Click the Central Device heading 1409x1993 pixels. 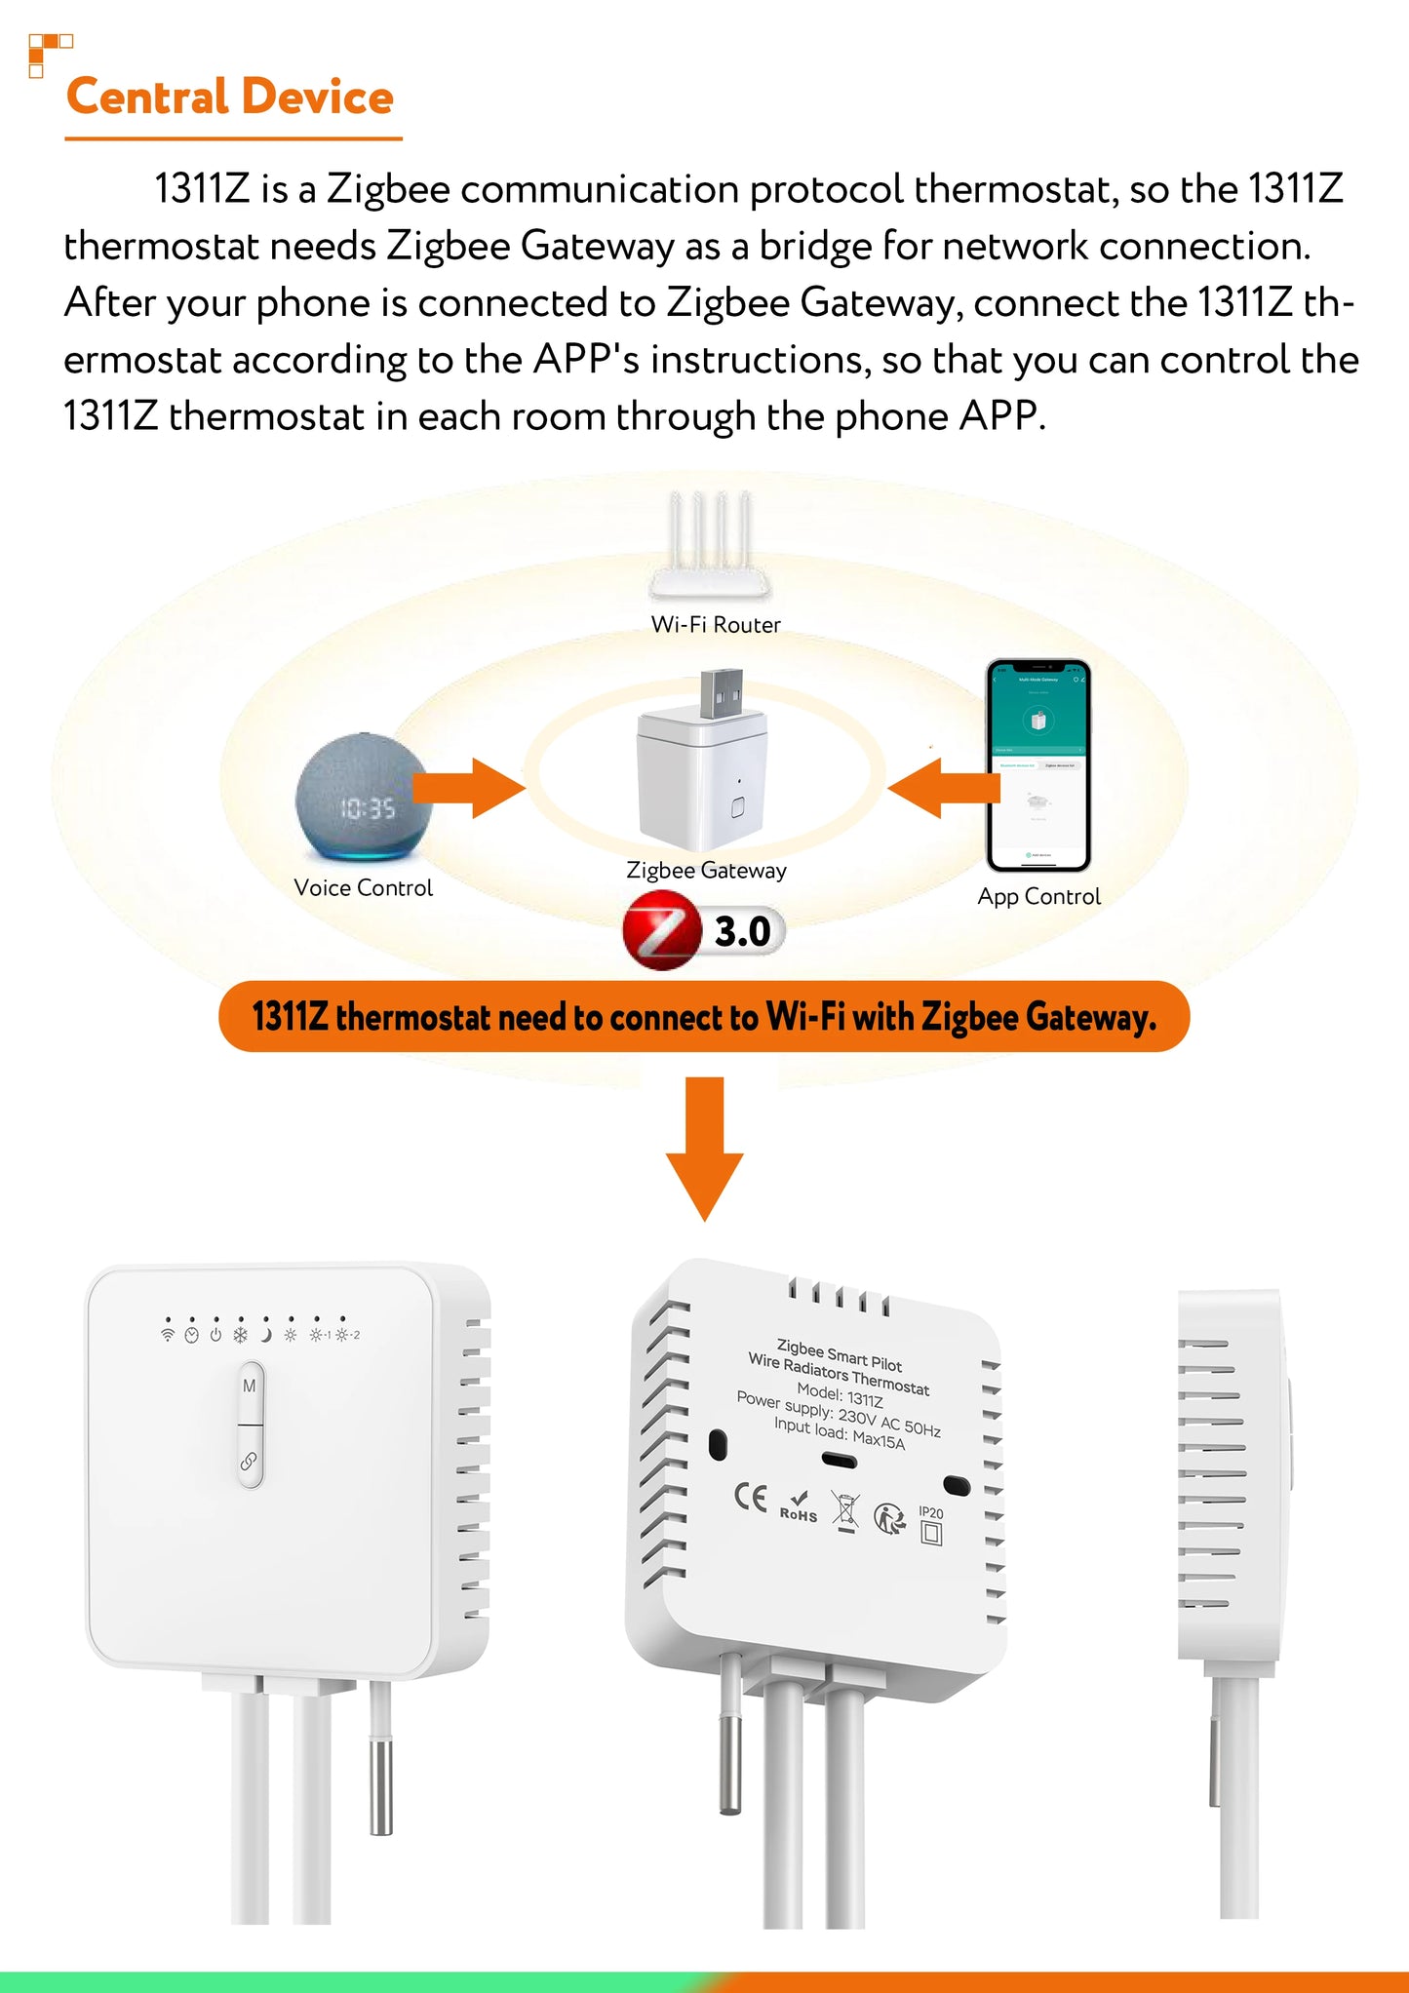[x=230, y=98]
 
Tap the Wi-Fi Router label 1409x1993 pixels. [x=716, y=625]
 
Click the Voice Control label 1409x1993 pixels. [x=363, y=888]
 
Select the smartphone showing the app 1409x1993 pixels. [x=1037, y=765]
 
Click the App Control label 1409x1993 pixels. [x=1038, y=897]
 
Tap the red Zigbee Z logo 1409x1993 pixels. [x=661, y=934]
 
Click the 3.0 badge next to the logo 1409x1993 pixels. [x=744, y=932]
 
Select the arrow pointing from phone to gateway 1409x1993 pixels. [x=942, y=788]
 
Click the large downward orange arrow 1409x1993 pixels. [x=704, y=1151]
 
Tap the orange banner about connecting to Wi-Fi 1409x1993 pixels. [x=704, y=1017]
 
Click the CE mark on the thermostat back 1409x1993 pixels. [x=751, y=1497]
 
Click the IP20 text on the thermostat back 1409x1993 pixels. [x=931, y=1513]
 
